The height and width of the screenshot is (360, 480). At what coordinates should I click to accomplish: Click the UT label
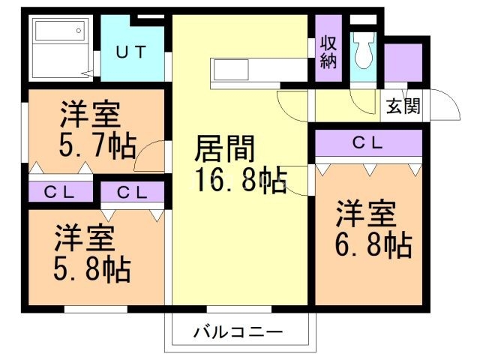130,52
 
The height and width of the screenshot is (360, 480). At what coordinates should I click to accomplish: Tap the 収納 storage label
328,52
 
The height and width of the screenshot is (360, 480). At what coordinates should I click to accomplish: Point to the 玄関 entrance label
402,106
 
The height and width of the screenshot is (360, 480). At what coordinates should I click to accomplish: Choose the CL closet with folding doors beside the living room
132,192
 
